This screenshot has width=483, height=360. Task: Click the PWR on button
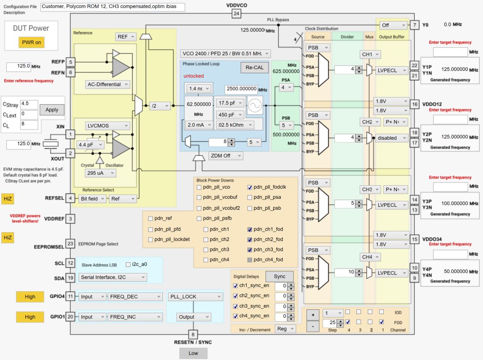tap(31, 43)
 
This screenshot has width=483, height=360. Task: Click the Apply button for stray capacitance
tap(52, 109)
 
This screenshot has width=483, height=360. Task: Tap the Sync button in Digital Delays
tap(279, 276)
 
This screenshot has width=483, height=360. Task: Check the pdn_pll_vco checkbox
tap(199, 187)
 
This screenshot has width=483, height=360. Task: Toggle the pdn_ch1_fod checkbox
tap(250, 229)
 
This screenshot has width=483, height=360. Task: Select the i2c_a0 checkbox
tap(128, 265)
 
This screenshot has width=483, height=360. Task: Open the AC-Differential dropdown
tap(108, 84)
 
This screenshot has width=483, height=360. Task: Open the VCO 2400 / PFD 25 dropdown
tap(225, 54)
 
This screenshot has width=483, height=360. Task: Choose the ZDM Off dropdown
tap(226, 156)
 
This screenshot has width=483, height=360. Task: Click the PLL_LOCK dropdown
tap(195, 297)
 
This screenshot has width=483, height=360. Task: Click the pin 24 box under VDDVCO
tap(236, 14)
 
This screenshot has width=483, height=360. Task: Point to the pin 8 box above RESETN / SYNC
tap(193, 335)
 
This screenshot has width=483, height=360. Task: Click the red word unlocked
tap(193, 76)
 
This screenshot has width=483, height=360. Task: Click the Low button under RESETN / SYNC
tap(193, 353)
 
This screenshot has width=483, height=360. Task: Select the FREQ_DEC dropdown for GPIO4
tap(135, 297)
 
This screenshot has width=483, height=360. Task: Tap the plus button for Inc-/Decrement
tap(313, 315)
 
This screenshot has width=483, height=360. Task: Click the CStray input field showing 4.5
tap(29, 104)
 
